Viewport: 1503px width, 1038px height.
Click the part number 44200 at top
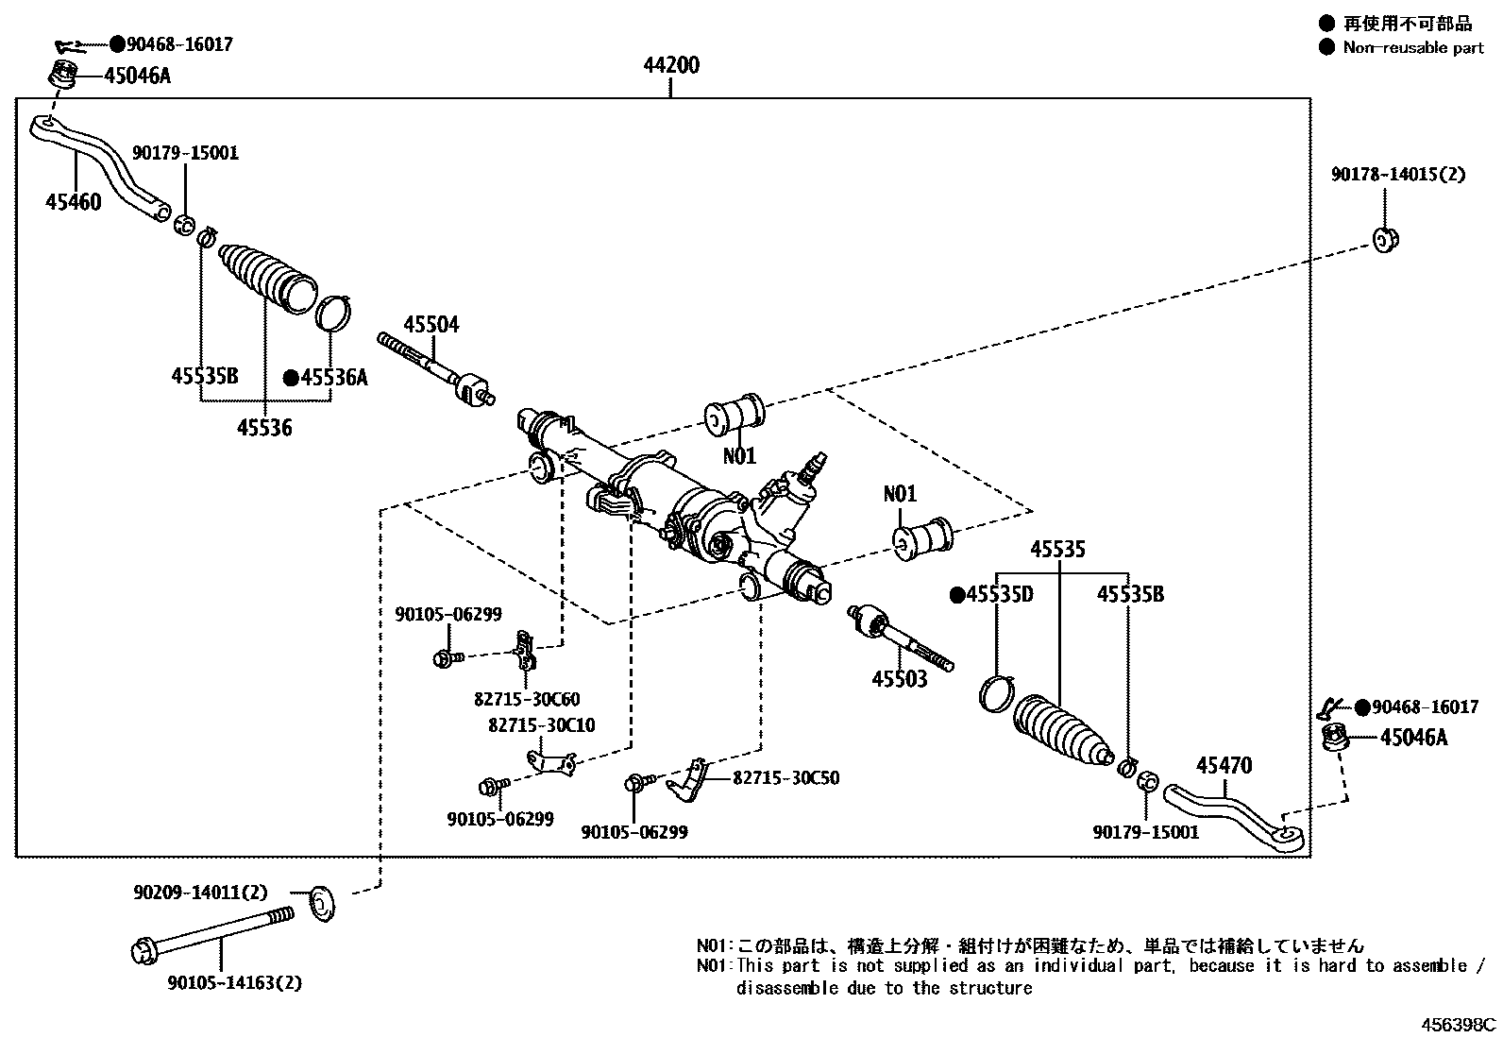[671, 65]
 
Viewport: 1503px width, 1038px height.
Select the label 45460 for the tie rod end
[73, 201]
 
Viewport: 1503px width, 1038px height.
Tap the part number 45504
[431, 324]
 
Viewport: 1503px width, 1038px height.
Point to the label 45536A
[334, 378]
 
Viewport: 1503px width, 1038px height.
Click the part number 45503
[899, 679]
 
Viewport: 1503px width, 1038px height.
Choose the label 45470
[1224, 765]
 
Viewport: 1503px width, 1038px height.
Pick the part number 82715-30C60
[527, 699]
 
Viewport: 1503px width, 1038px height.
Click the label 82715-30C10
[542, 725]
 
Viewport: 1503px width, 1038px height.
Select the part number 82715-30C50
[785, 777]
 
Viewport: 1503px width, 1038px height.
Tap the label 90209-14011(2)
[201, 893]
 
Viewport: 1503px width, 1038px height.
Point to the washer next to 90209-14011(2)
[323, 904]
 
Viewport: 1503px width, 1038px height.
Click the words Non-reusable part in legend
[1413, 47]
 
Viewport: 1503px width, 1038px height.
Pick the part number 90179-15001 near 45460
[185, 153]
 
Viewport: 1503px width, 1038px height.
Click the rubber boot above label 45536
[267, 278]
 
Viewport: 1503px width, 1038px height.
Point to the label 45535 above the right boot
[1057, 549]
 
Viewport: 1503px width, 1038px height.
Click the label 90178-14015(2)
[1398, 175]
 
